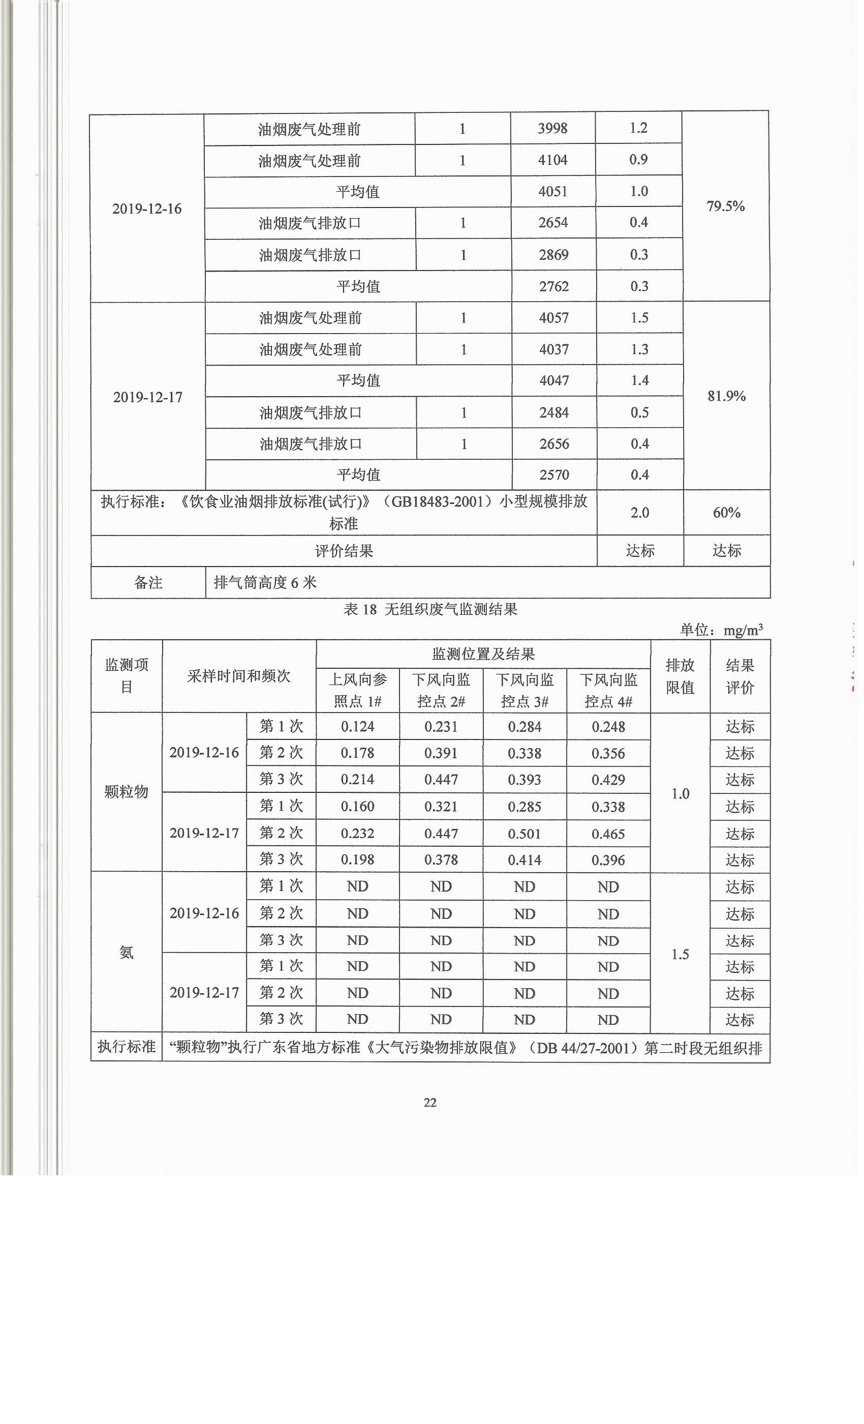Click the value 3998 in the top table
[553, 128]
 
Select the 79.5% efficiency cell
[725, 206]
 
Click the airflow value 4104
[553, 160]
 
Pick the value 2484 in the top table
[554, 412]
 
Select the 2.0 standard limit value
[640, 513]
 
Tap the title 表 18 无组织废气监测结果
[430, 609]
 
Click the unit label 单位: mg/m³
[721, 630]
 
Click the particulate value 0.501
[524, 834]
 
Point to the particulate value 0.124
[357, 726]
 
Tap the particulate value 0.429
[608, 780]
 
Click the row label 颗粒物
[127, 792]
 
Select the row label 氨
[127, 953]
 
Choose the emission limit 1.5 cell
[680, 954]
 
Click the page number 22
[430, 1103]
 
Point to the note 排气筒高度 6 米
[266, 582]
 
